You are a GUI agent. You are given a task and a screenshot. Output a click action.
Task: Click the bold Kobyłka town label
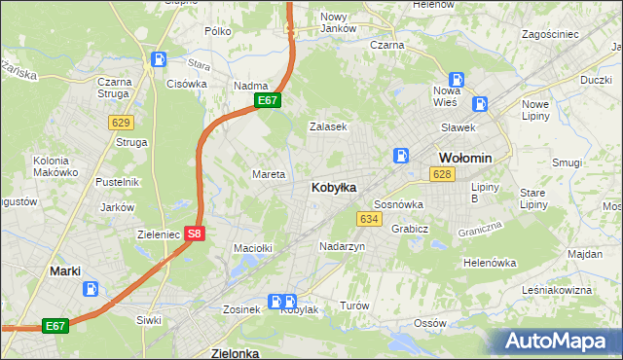(333, 187)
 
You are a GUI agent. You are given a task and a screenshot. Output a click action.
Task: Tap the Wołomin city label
(465, 158)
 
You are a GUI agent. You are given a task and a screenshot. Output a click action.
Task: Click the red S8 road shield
(195, 234)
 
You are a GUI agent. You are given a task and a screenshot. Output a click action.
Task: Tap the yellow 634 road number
(369, 219)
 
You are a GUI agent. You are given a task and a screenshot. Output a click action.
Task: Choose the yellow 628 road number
(442, 174)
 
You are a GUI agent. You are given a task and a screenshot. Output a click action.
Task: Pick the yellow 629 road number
(121, 122)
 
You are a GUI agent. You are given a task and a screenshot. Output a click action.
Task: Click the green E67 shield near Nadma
(269, 100)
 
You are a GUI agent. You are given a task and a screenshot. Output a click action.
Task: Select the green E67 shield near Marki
(55, 327)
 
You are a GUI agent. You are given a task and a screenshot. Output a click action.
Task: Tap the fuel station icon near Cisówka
(159, 60)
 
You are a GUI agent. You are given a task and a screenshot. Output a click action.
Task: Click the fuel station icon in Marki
(91, 289)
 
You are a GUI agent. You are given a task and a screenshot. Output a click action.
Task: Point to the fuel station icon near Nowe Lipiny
(480, 104)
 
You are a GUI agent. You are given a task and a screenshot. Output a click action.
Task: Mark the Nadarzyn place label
(342, 247)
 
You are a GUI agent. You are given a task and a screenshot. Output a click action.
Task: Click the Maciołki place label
(251, 248)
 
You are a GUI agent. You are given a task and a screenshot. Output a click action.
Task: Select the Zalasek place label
(328, 126)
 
